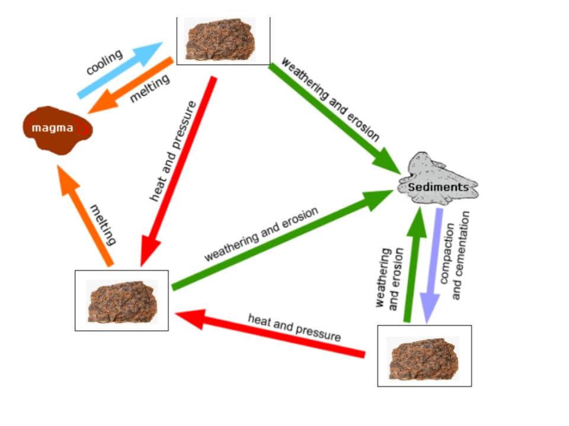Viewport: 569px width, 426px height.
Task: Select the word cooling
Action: click(104, 62)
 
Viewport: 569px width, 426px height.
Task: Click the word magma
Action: click(53, 128)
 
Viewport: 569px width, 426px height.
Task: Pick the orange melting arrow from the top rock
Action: click(130, 86)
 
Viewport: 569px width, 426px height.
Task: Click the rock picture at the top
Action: click(220, 39)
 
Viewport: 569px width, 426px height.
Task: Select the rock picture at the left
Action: click(122, 301)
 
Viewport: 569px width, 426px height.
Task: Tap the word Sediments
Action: click(438, 188)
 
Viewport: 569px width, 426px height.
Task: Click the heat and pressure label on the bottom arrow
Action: click(295, 327)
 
